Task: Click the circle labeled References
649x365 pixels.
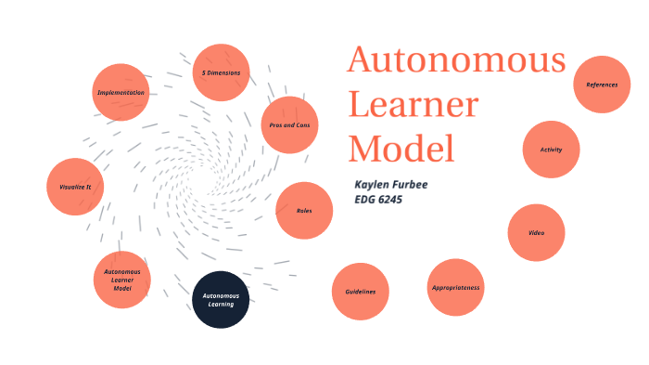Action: pyautogui.click(x=602, y=85)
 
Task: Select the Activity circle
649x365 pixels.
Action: pyautogui.click(x=551, y=150)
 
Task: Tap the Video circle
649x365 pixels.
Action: pyautogui.click(x=536, y=232)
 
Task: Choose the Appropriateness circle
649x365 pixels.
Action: pyautogui.click(x=455, y=288)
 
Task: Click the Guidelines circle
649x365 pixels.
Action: pyautogui.click(x=361, y=292)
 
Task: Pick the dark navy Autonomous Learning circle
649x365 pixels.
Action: pyautogui.click(x=221, y=299)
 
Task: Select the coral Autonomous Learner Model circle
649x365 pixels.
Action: pyautogui.click(x=122, y=280)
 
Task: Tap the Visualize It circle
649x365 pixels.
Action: pyautogui.click(x=75, y=186)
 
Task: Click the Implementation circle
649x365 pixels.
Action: pyautogui.click(x=121, y=92)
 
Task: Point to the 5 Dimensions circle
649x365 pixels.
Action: pyautogui.click(x=221, y=72)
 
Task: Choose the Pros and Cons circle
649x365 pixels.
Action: pyautogui.click(x=289, y=124)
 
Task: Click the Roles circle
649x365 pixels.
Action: pyautogui.click(x=304, y=211)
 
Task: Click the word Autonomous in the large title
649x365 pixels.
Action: pyautogui.click(x=456, y=61)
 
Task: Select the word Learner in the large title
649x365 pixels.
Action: pyautogui.click(x=413, y=105)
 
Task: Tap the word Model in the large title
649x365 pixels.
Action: pyautogui.click(x=401, y=149)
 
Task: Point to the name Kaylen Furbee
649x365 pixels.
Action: pyautogui.click(x=390, y=184)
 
